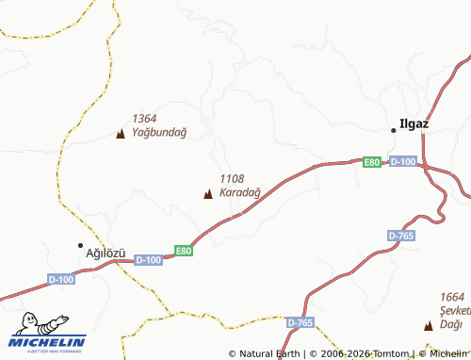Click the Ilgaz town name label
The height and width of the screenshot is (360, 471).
[415, 123]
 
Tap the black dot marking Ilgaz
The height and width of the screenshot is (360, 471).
[394, 129]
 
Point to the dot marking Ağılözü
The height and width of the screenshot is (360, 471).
[80, 245]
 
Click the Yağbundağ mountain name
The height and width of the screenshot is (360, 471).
[159, 132]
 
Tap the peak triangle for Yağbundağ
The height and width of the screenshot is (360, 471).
[120, 134]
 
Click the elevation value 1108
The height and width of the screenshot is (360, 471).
[232, 178]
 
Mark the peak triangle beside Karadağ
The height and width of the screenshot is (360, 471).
[207, 194]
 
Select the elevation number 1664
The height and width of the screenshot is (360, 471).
[453, 297]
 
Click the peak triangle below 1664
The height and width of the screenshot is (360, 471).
[429, 326]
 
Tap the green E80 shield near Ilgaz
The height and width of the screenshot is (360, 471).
[372, 163]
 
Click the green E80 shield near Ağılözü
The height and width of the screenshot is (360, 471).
[184, 251]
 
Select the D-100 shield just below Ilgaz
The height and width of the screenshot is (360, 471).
[402, 162]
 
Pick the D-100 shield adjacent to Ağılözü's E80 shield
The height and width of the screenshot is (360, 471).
[149, 259]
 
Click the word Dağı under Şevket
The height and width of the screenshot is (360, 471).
[451, 325]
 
